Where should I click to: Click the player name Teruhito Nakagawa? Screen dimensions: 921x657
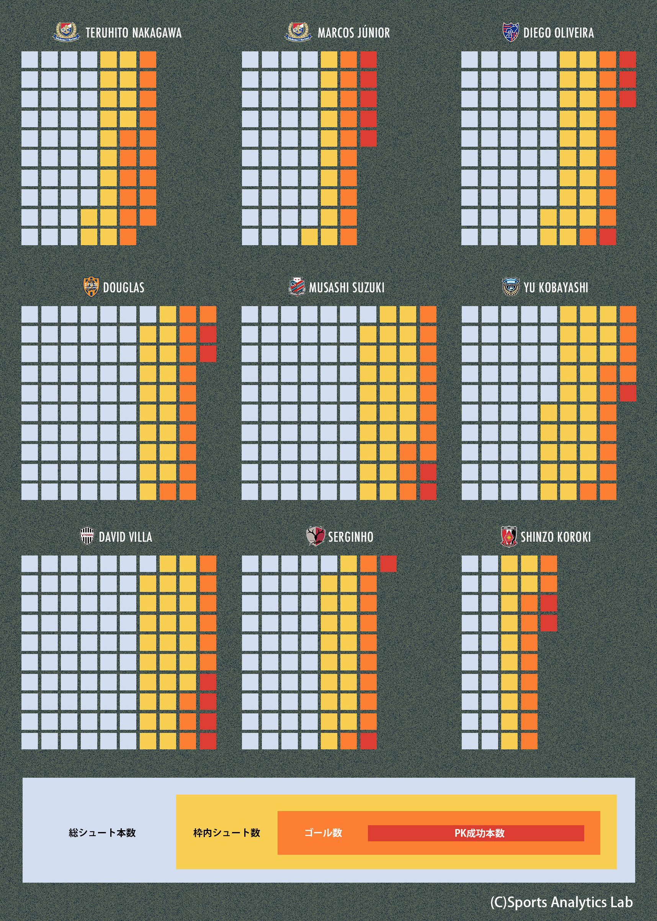tap(133, 33)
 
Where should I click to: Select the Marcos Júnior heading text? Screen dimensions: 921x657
tap(354, 33)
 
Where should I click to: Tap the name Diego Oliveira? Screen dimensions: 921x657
tap(558, 33)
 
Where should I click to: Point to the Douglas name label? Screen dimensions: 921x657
tap(123, 287)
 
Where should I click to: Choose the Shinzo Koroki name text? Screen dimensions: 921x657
tap(556, 537)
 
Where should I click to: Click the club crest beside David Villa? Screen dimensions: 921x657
tap(87, 536)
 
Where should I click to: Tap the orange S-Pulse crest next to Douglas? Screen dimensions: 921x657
tap(91, 287)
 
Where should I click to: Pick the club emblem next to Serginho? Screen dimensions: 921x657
tap(315, 536)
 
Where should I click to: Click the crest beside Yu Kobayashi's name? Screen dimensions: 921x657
tap(510, 287)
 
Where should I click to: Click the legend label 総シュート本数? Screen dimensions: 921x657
tap(102, 833)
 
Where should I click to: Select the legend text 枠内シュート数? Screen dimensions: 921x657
tap(227, 833)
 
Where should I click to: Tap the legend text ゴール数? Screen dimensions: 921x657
tap(323, 833)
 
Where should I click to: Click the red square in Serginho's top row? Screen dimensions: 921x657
tap(388, 564)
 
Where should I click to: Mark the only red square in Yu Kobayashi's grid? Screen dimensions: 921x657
tap(628, 393)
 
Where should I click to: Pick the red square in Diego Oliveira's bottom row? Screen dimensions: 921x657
tap(608, 237)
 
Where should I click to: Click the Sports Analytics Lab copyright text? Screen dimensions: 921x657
tap(561, 902)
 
